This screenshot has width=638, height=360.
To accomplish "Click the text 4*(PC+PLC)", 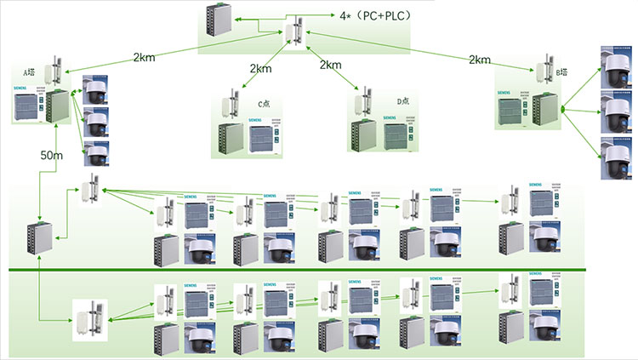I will (373, 15).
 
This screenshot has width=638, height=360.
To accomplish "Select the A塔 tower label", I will (29, 71).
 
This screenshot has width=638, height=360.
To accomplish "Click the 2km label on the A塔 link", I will (145, 58).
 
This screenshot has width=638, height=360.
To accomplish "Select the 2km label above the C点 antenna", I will (261, 67).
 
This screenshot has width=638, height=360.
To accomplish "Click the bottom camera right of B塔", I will (615, 152).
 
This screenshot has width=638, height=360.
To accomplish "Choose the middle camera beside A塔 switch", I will (96, 120).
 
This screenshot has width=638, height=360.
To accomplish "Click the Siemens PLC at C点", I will (273, 137).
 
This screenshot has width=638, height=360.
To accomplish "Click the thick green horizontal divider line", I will (323, 271).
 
